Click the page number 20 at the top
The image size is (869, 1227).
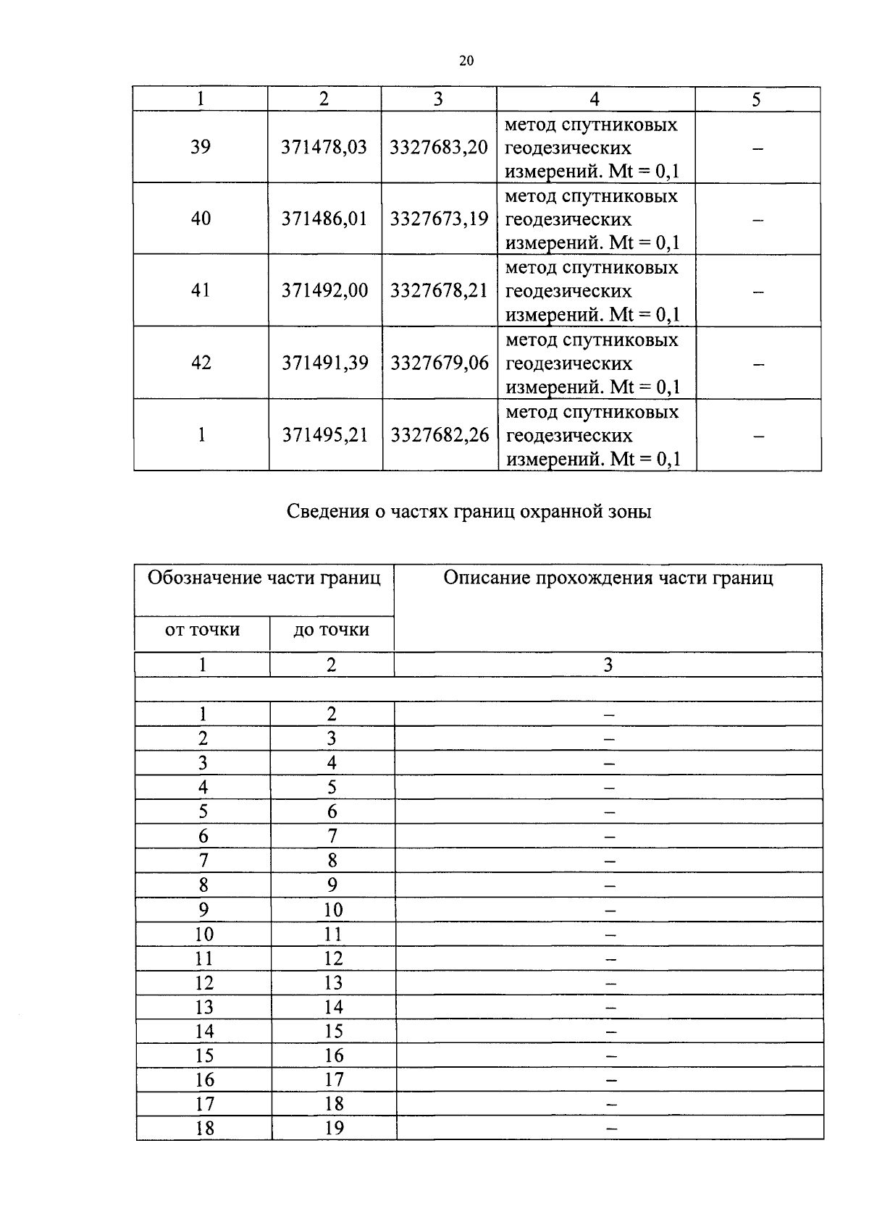tap(466, 61)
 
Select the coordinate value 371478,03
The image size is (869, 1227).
tap(324, 148)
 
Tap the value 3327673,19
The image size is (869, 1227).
tap(439, 219)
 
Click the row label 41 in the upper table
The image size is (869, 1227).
tap(200, 290)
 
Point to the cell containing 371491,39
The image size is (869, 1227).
tap(324, 363)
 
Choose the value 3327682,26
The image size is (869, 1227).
tap(440, 435)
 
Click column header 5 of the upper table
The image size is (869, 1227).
tap(756, 100)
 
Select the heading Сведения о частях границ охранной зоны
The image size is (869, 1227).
tap(469, 512)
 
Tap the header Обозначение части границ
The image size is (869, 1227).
tap(264, 578)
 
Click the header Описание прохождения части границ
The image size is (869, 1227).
tap(608, 578)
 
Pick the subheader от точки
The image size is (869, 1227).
tap(202, 630)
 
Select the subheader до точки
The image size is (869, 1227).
tap(331, 630)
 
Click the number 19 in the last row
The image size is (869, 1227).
tap(334, 1128)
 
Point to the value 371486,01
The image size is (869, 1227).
tap(324, 219)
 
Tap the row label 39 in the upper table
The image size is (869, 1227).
tap(200, 148)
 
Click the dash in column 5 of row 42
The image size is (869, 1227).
tap(757, 365)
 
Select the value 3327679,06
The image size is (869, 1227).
tap(440, 363)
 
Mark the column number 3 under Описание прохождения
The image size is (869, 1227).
tap(608, 665)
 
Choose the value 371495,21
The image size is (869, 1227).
tap(324, 435)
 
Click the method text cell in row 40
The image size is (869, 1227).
tap(592, 219)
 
